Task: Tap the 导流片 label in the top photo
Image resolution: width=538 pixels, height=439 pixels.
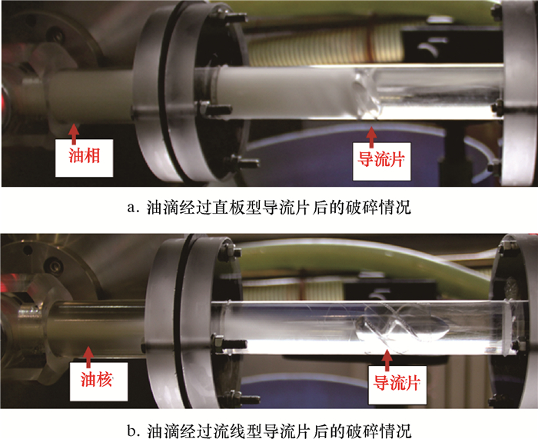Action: coord(381,160)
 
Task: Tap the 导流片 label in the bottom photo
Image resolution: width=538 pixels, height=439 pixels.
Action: coord(397,383)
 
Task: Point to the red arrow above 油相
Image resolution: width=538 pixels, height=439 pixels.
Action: coord(74,134)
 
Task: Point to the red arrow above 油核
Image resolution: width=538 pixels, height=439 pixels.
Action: coord(88,357)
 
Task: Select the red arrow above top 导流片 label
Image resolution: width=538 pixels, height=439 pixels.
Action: coord(370,137)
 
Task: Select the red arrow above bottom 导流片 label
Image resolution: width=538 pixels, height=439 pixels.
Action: coord(387,361)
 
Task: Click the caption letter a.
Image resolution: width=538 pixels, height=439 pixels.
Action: coord(131,208)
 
